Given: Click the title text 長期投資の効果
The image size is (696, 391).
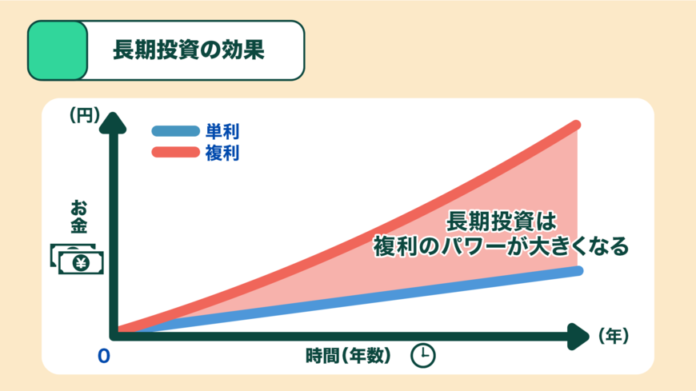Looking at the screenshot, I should click(188, 50).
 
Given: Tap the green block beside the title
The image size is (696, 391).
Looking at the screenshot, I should click(58, 50).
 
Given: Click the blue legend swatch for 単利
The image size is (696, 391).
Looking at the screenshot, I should click(174, 131).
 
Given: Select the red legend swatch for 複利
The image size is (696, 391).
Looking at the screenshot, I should click(174, 152).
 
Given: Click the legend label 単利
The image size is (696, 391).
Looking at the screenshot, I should click(222, 131).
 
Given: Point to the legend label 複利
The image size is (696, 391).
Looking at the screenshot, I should click(222, 152).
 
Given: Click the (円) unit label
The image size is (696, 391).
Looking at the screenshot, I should click(85, 115).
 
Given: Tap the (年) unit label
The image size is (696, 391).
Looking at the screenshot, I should click(614, 336).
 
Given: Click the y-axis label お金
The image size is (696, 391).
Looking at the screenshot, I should click(78, 215).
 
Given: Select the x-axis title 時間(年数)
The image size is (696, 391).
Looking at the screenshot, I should click(348, 356).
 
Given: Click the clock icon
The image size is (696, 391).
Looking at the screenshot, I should click(423, 356).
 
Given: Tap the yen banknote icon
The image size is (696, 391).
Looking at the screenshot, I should click(78, 259).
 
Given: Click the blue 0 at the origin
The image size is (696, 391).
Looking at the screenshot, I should click(103, 357).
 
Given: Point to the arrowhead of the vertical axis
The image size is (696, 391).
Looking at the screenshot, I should click(117, 122).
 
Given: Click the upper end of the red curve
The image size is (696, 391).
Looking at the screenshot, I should click(574, 126).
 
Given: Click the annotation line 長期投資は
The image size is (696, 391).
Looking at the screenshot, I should click(500, 220).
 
